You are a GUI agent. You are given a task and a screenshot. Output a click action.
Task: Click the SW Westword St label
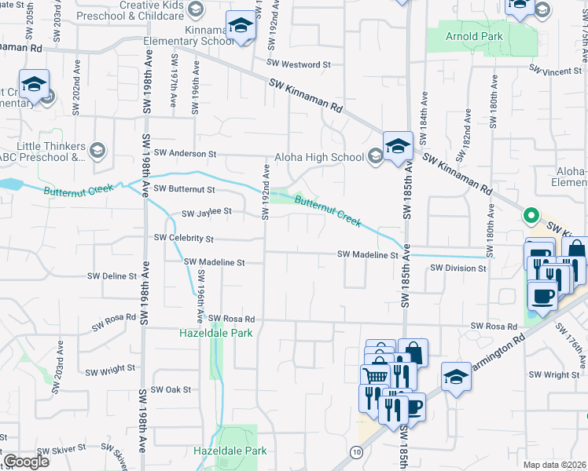[299, 64]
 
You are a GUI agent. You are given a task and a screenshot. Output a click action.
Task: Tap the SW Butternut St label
[185, 188]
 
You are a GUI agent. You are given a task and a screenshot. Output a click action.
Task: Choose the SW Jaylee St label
[207, 212]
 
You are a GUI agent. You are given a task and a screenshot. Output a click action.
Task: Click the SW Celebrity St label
[185, 237]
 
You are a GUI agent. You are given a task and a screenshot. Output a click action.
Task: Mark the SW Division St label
[458, 268]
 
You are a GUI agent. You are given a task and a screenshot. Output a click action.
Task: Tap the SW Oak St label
[171, 389]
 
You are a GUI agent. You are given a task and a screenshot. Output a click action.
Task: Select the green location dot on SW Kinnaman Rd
[531, 214]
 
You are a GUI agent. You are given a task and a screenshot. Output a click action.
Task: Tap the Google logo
[26, 462]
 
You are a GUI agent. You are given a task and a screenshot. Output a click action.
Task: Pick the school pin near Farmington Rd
[456, 378]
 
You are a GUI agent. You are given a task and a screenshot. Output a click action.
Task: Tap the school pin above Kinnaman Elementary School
[241, 27]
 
